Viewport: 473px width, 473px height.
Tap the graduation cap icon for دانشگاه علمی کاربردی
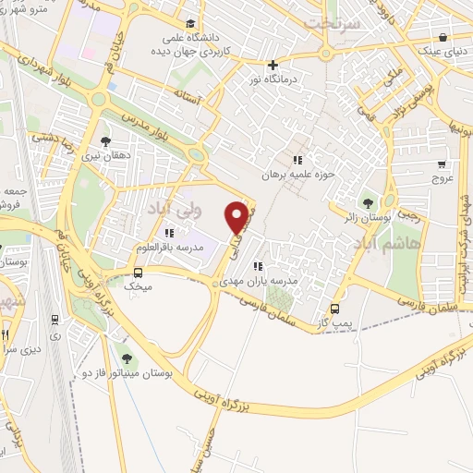(x=190, y=24)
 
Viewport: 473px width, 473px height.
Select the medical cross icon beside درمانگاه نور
(x=273, y=65)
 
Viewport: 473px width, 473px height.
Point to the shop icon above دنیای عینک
(x=445, y=38)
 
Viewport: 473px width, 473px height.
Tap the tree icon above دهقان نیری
(x=105, y=141)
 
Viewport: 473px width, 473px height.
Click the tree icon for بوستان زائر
(x=369, y=203)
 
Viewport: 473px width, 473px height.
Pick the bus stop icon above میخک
(x=138, y=273)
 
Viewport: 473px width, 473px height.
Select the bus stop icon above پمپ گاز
(x=334, y=309)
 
